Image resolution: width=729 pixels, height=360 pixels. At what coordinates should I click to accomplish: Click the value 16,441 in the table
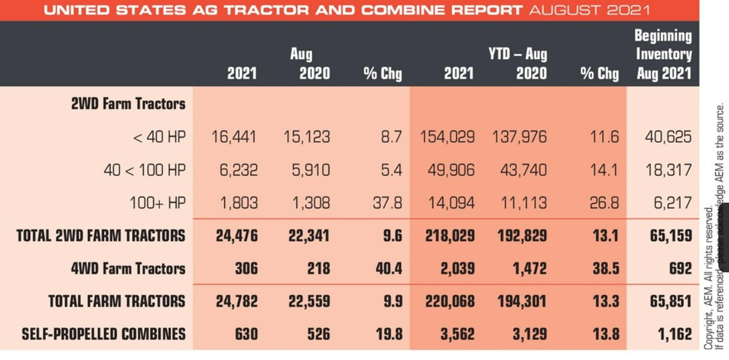click(234, 137)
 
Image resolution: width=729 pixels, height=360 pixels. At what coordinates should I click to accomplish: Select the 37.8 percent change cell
click(387, 203)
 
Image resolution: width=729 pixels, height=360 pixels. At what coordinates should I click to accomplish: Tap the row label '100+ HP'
click(157, 203)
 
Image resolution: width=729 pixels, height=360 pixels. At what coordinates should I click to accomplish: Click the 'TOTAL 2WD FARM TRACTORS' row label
click(100, 236)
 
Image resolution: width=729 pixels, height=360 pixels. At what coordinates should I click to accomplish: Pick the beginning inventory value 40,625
click(668, 137)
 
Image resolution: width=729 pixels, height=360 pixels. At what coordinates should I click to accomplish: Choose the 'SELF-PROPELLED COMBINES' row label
click(104, 334)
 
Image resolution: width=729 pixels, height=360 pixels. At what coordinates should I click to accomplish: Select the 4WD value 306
click(246, 268)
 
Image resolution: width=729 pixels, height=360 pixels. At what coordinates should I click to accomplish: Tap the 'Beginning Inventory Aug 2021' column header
click(664, 55)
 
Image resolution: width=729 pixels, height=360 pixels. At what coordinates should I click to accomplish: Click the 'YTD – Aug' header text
click(517, 54)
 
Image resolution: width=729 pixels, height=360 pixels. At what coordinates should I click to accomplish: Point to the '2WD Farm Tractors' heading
click(128, 104)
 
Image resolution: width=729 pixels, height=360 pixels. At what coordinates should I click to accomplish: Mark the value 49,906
click(452, 170)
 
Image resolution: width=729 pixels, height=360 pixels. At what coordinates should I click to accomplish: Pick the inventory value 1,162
click(671, 334)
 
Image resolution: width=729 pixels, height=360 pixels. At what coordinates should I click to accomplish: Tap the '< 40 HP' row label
click(160, 137)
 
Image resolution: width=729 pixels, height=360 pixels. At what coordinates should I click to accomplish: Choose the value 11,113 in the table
click(523, 203)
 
